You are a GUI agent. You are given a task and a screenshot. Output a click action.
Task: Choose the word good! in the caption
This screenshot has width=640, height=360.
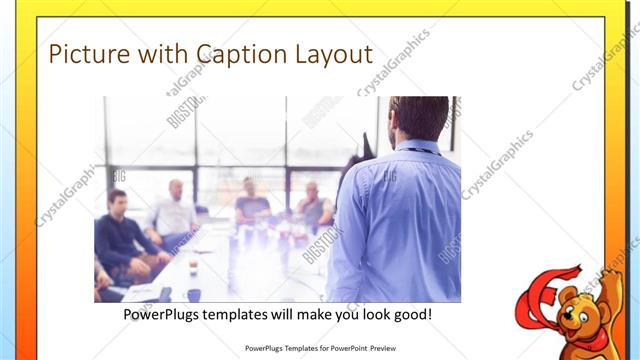[412, 314]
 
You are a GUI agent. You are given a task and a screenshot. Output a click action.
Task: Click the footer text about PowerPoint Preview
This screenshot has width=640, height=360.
[321, 349]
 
